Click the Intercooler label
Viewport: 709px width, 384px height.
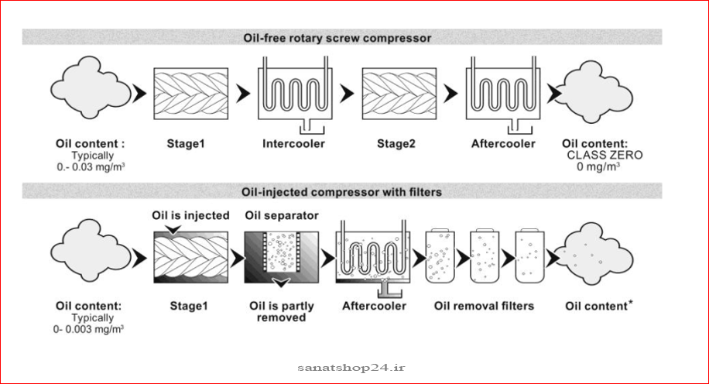click(x=293, y=144)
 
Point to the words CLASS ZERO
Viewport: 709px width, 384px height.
click(x=605, y=155)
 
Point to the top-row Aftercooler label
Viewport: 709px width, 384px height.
click(x=503, y=144)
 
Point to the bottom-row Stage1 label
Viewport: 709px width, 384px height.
click(x=189, y=306)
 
